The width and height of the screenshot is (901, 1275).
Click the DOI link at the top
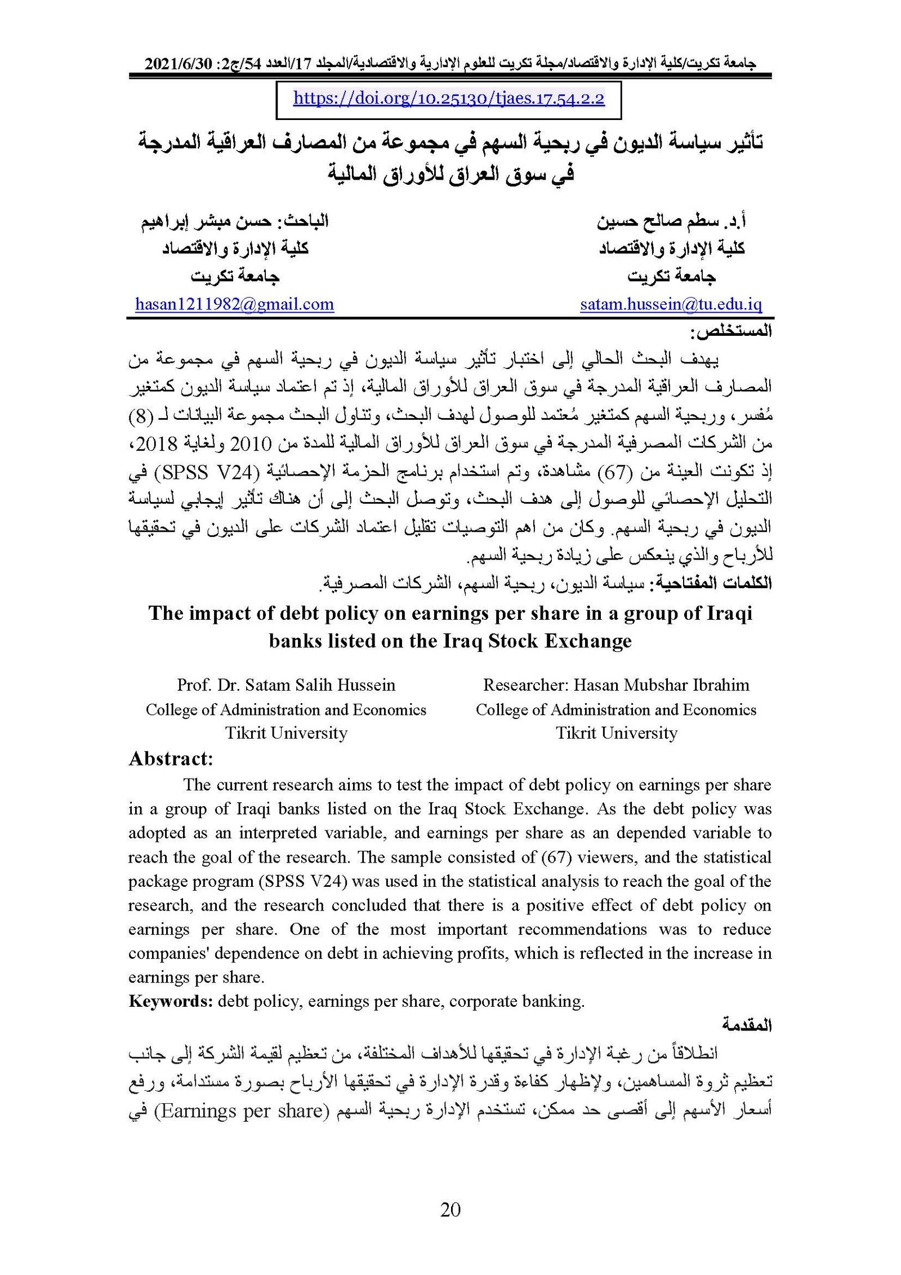[449, 99]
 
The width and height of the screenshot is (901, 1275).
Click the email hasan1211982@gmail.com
[234, 305]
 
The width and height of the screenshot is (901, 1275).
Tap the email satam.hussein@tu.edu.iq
[671, 305]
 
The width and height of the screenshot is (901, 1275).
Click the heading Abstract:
[171, 759]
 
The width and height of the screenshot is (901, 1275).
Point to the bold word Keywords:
[170, 1001]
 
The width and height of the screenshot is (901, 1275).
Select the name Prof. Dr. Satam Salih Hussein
[286, 685]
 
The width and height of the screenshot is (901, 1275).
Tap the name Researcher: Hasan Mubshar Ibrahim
[616, 685]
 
